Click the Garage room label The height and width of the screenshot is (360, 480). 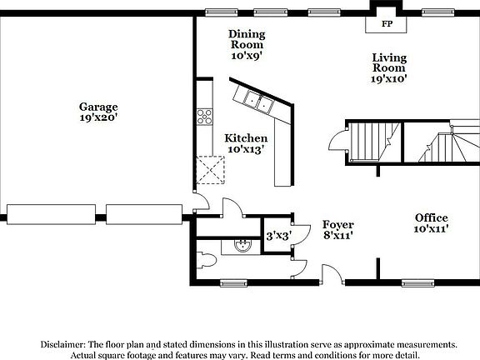[x=98, y=107]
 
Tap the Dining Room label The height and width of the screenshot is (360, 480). [x=247, y=33]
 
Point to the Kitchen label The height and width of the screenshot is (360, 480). [x=246, y=137]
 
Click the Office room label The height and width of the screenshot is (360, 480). [x=432, y=217]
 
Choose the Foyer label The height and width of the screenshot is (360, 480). [x=338, y=224]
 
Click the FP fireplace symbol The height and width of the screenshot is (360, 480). [x=387, y=24]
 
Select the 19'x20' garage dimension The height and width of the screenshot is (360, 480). [x=98, y=118]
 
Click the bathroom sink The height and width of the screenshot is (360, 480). [x=242, y=245]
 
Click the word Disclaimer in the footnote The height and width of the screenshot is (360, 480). [x=64, y=343]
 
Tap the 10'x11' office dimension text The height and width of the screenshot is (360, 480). [x=432, y=228]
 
